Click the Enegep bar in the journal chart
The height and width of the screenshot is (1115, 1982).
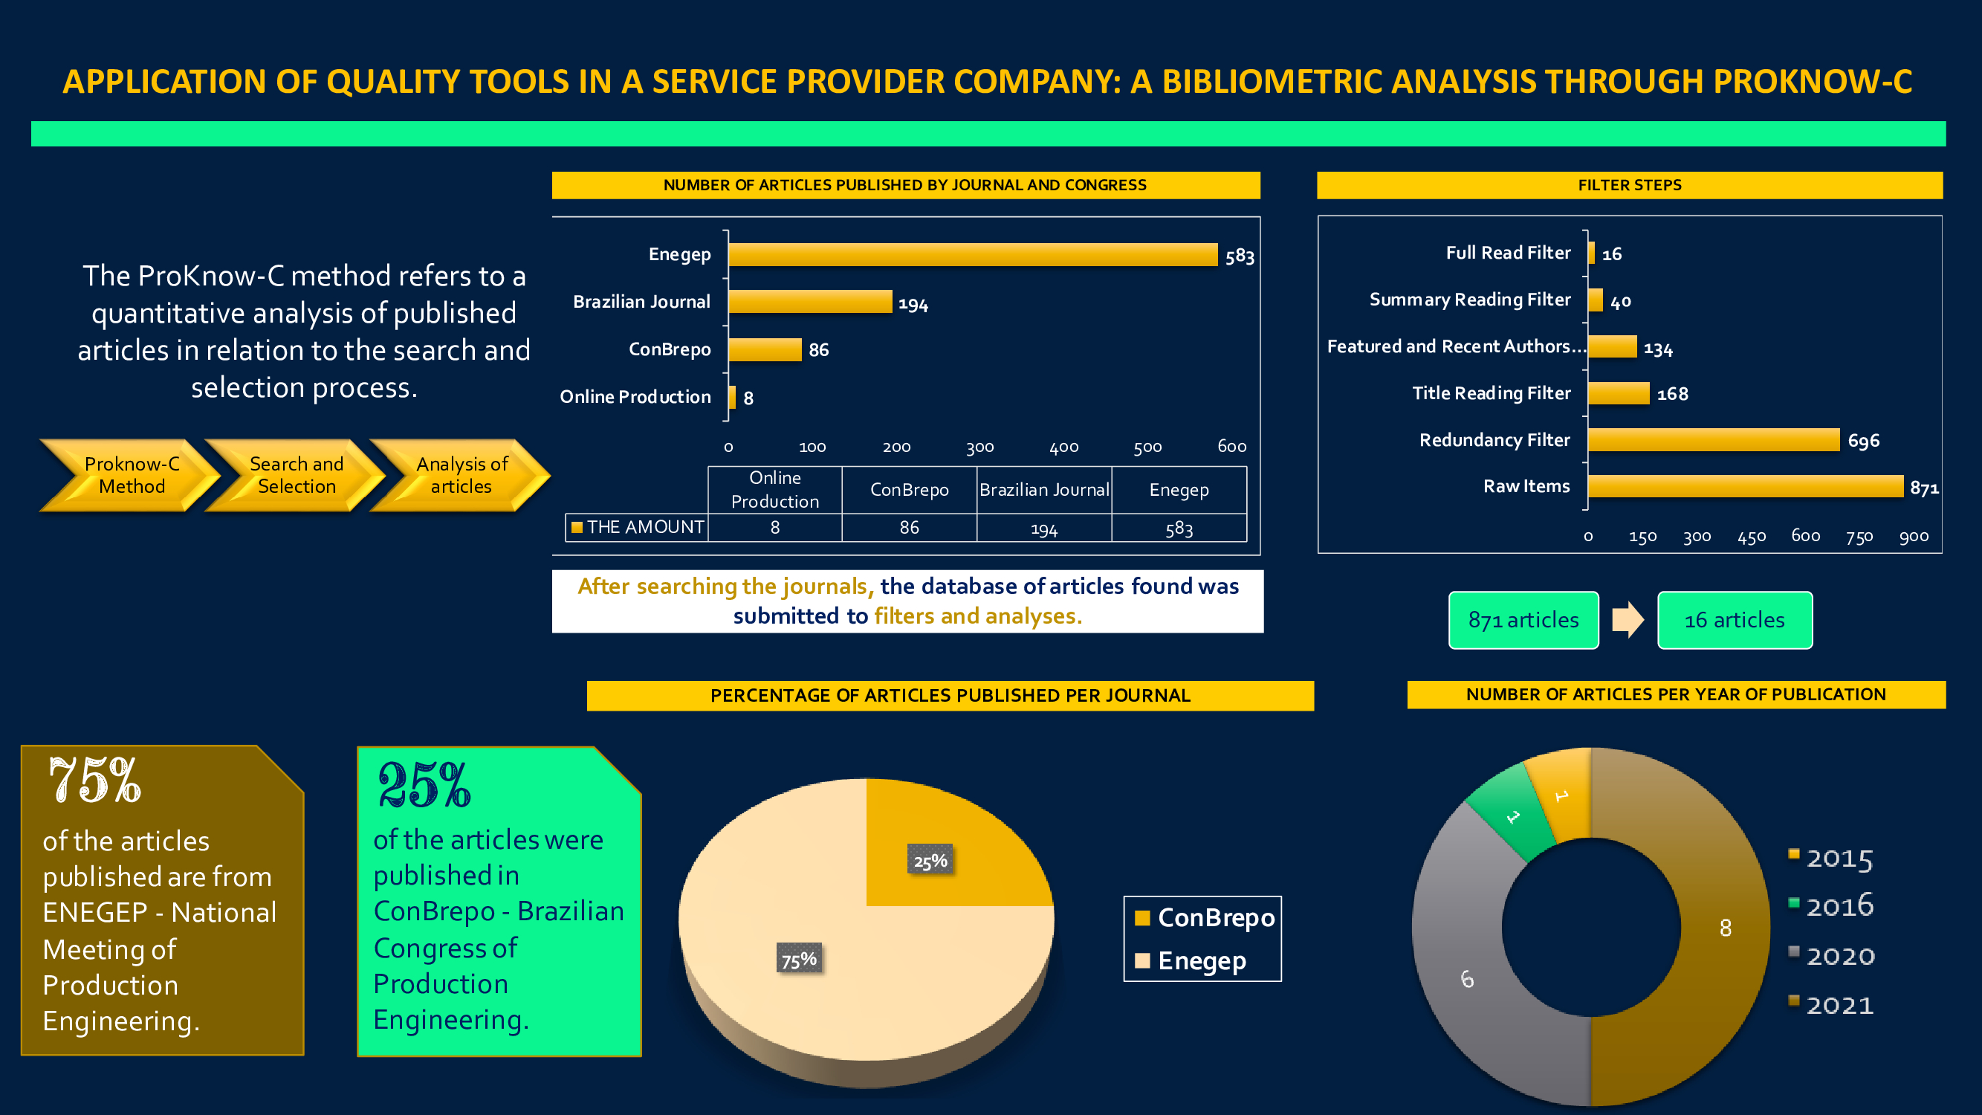(973, 255)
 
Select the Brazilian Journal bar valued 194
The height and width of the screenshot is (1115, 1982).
(809, 302)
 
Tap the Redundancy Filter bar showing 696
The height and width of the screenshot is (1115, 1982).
(1713, 440)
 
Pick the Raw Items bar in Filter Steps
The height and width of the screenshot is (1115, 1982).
(1744, 486)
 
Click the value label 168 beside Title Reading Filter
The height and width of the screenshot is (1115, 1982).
(1672, 394)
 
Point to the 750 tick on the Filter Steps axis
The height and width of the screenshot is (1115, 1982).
(1859, 537)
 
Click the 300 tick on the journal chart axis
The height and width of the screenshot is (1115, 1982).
(979, 447)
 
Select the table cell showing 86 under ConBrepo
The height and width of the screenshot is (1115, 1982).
(909, 528)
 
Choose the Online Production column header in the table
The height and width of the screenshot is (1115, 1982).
(775, 489)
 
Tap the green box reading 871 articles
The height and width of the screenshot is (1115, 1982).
(1523, 620)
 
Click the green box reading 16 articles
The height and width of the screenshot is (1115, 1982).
(1735, 620)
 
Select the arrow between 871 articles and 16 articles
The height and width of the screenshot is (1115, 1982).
(1628, 619)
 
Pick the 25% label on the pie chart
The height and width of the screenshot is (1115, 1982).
(930, 861)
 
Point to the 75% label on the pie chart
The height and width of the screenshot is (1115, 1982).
(799, 960)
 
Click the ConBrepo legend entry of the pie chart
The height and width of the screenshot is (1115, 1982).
(1204, 917)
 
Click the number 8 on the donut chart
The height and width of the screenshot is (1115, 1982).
(1725, 928)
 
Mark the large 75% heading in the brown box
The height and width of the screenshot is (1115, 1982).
(94, 780)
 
